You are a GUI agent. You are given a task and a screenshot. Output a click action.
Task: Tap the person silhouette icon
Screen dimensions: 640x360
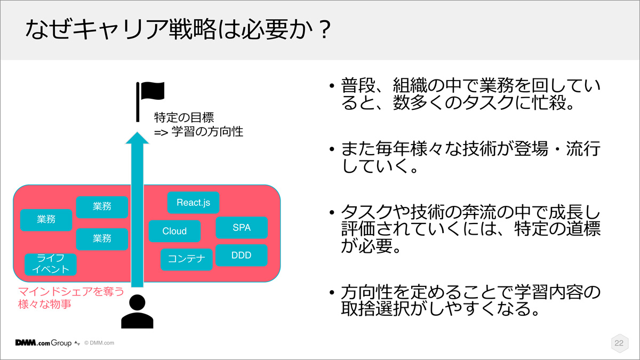click(x=137, y=311)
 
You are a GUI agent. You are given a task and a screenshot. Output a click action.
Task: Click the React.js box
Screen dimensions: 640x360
click(x=193, y=203)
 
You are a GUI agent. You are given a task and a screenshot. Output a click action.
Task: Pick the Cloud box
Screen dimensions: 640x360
click(x=174, y=231)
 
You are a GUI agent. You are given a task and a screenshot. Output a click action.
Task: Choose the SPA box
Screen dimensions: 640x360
click(x=242, y=227)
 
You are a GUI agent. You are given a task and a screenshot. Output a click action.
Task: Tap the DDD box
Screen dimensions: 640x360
click(x=242, y=255)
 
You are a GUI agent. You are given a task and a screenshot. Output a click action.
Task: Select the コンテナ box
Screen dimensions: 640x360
click(x=186, y=259)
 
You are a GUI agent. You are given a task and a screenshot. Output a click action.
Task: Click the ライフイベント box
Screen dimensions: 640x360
click(x=51, y=265)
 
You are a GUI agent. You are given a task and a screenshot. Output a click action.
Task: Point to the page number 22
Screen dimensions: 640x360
click(x=619, y=343)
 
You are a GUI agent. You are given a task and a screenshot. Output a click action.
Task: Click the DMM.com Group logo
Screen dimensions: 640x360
click(x=43, y=342)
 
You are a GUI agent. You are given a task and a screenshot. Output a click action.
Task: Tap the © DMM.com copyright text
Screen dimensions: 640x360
click(x=99, y=343)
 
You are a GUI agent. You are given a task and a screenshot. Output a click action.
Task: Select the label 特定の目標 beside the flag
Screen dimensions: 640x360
click(x=184, y=117)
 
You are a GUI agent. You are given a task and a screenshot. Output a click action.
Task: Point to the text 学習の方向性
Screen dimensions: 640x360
click(x=207, y=132)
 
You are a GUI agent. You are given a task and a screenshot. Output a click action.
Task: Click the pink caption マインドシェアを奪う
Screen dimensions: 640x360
click(x=71, y=291)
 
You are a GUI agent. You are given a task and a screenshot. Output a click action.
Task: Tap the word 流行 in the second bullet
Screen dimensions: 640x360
click(x=583, y=149)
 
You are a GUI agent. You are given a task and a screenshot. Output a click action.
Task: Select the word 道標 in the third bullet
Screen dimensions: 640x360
click(x=583, y=229)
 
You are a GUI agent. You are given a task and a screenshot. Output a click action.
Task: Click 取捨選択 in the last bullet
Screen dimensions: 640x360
click(x=376, y=308)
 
